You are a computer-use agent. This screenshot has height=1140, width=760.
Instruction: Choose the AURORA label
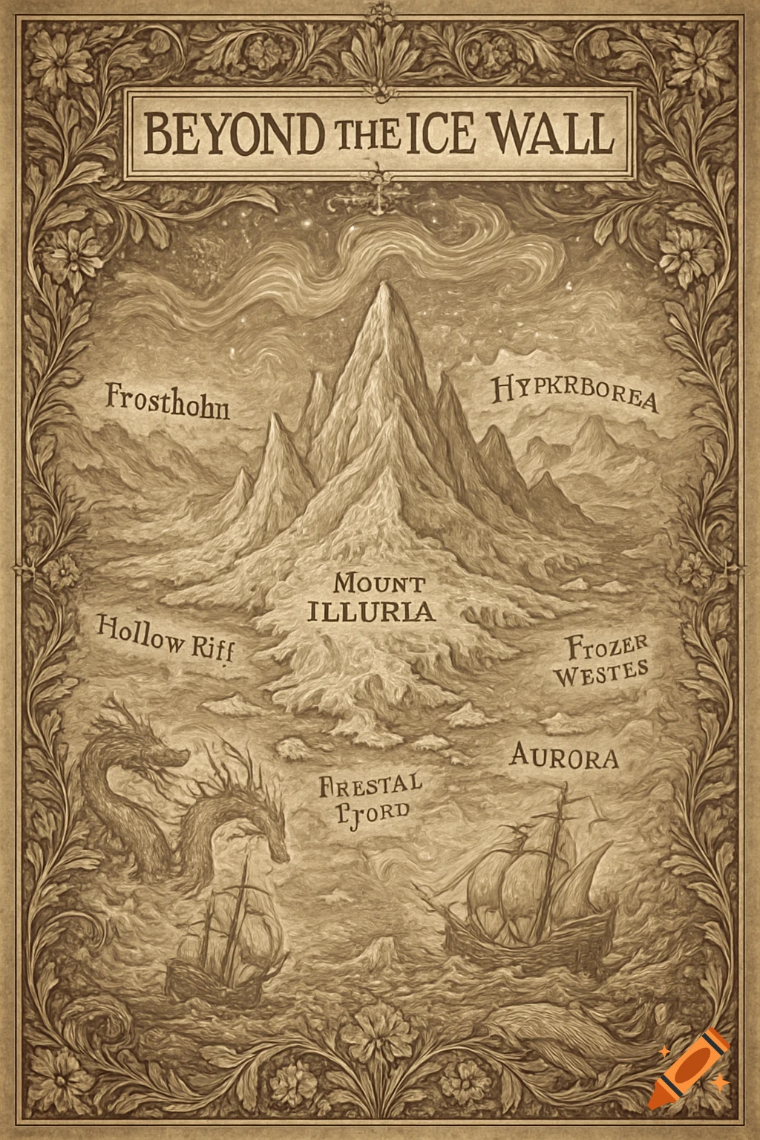(x=564, y=758)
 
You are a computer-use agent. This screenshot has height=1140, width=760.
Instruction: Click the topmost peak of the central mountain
(x=383, y=286)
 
